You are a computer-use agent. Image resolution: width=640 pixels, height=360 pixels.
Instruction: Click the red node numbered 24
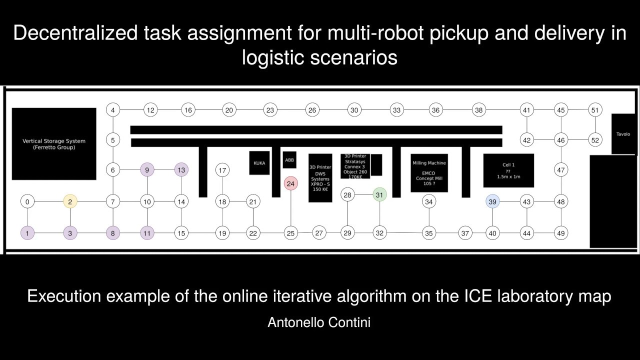point(290,183)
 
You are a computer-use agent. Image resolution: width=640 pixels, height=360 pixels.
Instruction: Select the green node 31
point(380,194)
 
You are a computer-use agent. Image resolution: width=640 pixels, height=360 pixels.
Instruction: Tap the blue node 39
point(493,201)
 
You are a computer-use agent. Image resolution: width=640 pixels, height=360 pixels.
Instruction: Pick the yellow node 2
point(70,202)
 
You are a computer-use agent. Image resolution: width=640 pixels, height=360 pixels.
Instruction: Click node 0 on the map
point(27,202)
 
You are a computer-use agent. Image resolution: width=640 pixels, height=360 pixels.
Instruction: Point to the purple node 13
point(181,170)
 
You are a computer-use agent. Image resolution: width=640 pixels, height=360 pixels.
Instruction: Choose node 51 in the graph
point(595,110)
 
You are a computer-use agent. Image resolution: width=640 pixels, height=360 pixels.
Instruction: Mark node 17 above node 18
point(222,170)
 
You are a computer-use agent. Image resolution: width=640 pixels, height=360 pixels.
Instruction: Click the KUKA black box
point(259,163)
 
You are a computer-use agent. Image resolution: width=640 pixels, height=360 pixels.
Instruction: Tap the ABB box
point(289,160)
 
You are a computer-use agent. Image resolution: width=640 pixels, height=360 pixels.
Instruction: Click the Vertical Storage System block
point(54,144)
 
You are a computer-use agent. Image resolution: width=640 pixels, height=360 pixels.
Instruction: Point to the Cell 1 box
point(508,170)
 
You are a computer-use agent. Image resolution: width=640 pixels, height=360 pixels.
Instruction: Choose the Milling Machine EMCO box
point(429,173)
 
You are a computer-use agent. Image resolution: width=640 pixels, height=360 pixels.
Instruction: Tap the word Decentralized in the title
point(63,34)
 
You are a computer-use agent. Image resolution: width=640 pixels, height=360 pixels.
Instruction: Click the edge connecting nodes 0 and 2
point(48,202)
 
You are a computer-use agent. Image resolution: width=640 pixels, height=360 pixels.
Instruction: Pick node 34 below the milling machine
point(428,202)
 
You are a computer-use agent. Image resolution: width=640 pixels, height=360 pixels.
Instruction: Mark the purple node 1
point(27,233)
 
